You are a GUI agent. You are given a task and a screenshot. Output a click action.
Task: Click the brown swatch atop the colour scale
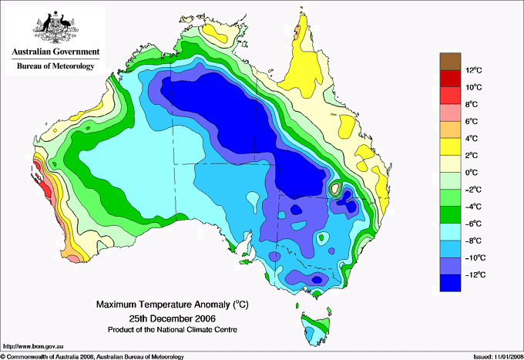pos(449,61)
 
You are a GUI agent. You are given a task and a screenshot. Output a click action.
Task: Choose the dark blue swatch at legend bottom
pos(449,283)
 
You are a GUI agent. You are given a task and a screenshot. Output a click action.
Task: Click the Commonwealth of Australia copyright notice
pos(92,356)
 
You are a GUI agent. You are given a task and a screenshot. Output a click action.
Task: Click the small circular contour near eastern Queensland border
pos(335,187)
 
